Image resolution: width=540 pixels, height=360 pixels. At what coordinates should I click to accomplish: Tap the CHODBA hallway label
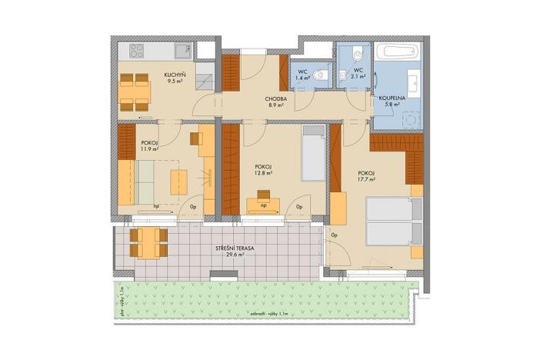click(x=276, y=99)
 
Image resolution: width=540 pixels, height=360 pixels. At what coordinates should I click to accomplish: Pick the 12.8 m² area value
click(x=264, y=174)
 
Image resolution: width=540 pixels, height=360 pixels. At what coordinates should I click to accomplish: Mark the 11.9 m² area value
click(x=149, y=150)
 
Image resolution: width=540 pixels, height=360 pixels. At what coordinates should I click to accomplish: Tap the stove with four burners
click(x=138, y=52)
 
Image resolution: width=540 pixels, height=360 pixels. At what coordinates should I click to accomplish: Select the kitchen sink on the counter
click(x=182, y=52)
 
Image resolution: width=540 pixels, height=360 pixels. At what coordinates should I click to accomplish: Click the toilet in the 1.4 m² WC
click(x=322, y=75)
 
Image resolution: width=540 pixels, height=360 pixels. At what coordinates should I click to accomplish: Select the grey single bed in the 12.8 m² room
click(x=314, y=154)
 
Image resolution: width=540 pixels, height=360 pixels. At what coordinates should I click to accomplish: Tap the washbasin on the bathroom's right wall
click(x=413, y=80)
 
